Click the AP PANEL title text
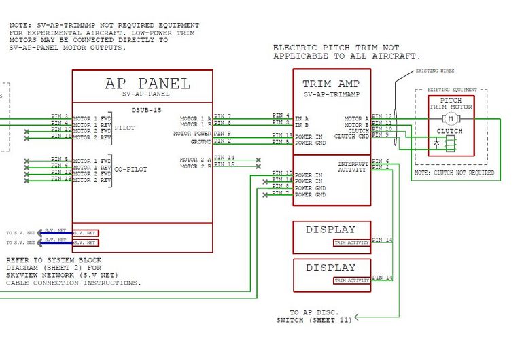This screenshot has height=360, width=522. [x=147, y=84]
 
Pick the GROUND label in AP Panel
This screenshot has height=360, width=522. [x=201, y=141]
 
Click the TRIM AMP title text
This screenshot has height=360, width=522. [x=331, y=84]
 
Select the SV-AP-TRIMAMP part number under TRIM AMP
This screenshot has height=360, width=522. [x=331, y=94]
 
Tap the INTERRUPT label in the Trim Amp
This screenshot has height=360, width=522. [x=353, y=164]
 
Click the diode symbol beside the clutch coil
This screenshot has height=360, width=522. [x=436, y=143]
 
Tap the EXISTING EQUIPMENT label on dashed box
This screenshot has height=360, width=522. [x=456, y=90]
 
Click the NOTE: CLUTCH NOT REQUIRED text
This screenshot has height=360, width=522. [x=455, y=174]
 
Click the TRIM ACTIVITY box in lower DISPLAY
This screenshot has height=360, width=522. [x=352, y=280]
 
